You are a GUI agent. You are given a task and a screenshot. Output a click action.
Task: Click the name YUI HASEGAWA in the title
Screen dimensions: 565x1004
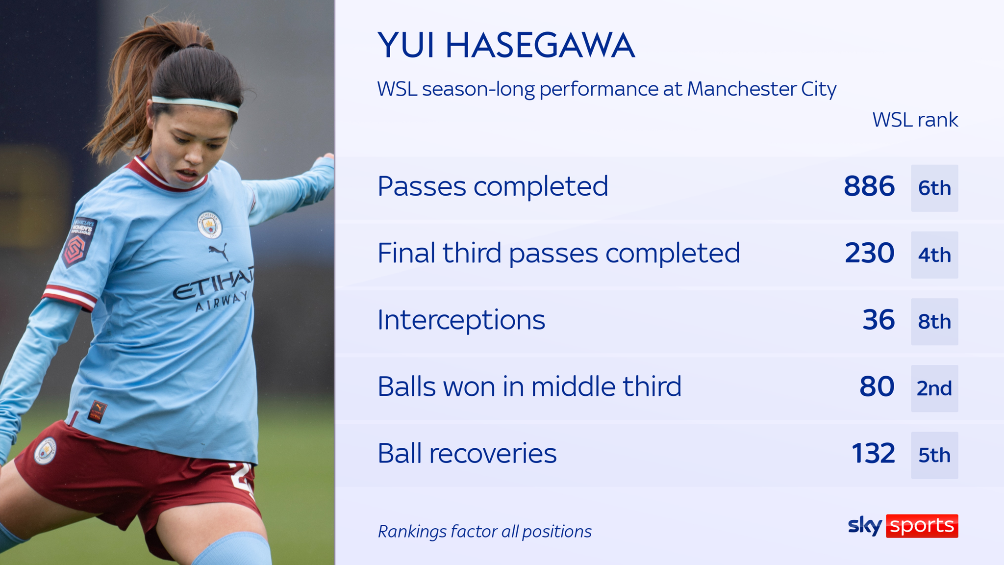506,46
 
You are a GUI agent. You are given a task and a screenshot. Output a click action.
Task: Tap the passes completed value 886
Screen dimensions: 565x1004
869,186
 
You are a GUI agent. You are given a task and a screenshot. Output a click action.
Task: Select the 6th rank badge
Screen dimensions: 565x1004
934,188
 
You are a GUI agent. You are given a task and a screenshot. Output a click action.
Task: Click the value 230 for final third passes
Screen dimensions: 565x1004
869,253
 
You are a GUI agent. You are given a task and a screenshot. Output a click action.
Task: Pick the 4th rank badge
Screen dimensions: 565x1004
934,255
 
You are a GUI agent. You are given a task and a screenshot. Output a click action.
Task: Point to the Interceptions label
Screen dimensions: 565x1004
461,320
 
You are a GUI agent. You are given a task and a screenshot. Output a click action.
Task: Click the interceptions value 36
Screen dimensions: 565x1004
878,320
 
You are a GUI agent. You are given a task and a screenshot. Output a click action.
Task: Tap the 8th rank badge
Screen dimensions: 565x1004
934,322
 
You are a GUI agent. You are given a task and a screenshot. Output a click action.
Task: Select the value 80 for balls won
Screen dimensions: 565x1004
877,386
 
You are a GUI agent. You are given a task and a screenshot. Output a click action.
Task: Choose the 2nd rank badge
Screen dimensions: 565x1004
934,388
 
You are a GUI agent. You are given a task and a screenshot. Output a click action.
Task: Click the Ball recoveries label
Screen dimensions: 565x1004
467,453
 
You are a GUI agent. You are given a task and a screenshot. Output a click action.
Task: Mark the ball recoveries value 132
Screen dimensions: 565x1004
873,453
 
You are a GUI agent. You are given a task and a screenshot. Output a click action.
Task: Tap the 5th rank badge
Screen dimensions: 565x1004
934,455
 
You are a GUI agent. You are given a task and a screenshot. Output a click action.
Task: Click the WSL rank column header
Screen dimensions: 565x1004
915,120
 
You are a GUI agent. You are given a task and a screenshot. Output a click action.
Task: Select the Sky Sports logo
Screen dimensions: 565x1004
903,526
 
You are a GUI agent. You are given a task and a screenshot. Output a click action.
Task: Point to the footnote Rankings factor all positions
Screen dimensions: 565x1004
484,531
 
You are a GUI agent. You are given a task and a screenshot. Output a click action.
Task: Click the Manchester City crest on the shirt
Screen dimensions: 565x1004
209,225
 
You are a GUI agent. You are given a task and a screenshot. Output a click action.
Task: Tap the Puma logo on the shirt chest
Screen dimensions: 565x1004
218,252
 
